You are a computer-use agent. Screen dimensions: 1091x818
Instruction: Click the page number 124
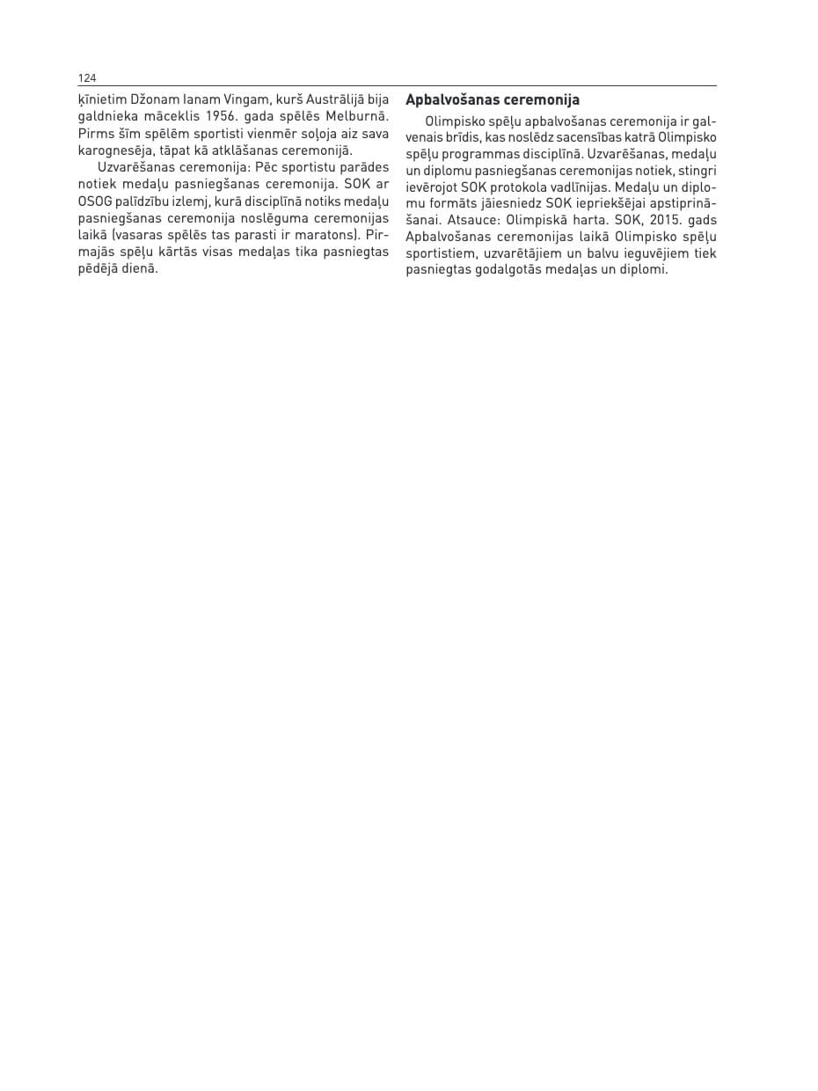coord(87,78)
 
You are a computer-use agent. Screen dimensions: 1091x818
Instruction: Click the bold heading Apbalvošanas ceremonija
coord(492,100)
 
